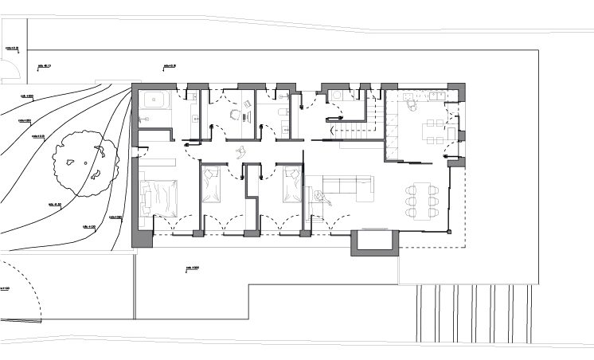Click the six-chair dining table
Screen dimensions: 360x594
(x=421, y=198)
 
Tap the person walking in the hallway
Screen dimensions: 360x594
(x=239, y=152)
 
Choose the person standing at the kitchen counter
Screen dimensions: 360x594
(x=410, y=108)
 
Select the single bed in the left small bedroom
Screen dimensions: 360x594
(x=213, y=188)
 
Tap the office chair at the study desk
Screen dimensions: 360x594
(x=231, y=115)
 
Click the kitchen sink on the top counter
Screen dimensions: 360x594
(x=440, y=96)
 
